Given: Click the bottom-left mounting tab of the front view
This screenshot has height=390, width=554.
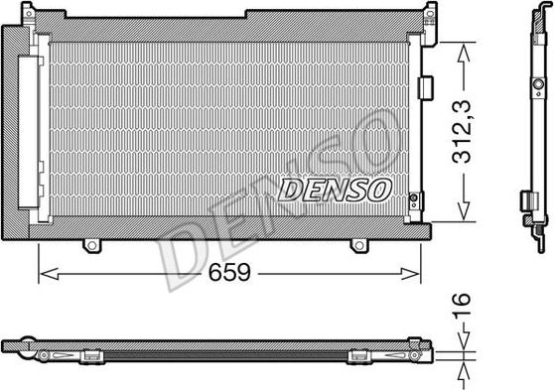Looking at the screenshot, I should point(92,243).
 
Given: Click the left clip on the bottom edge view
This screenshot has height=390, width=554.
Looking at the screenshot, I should point(91,352).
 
